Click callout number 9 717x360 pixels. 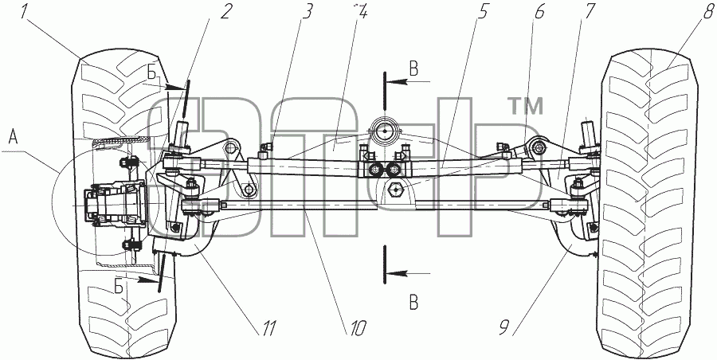click(504, 327)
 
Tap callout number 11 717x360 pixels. click(267, 327)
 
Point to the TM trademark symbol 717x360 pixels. click(526, 106)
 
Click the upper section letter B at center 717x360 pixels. click(413, 70)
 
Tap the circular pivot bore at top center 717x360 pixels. click(386, 131)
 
